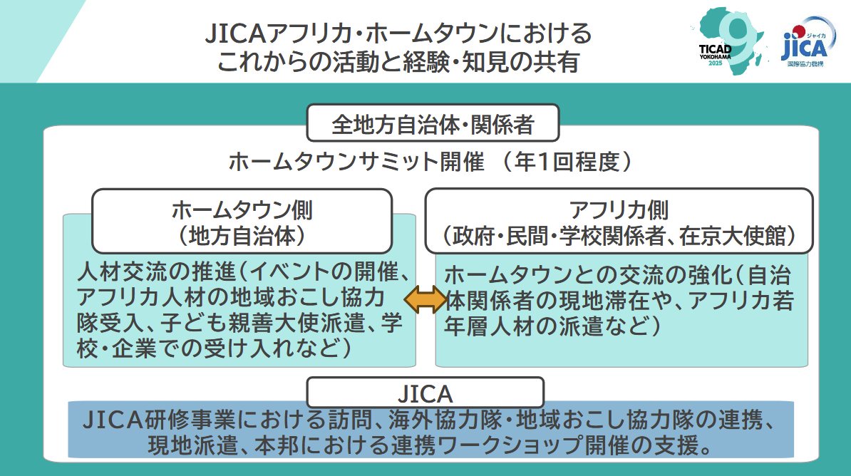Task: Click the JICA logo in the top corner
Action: click(805, 44)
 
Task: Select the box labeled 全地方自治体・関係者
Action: click(433, 124)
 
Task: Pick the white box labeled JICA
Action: click(425, 393)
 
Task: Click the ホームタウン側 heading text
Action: click(242, 209)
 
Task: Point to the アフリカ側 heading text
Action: click(619, 209)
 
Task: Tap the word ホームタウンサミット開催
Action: click(356, 162)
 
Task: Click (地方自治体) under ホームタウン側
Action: click(242, 236)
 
